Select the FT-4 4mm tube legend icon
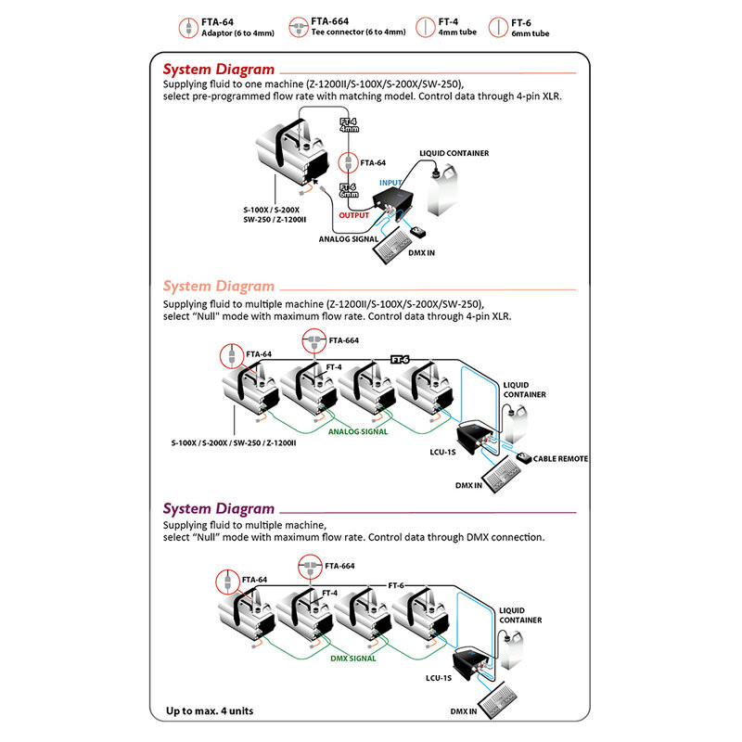(425, 26)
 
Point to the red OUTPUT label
(354, 213)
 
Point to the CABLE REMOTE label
(560, 458)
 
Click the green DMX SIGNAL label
(353, 658)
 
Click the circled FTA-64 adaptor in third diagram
(225, 581)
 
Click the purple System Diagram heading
(219, 508)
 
